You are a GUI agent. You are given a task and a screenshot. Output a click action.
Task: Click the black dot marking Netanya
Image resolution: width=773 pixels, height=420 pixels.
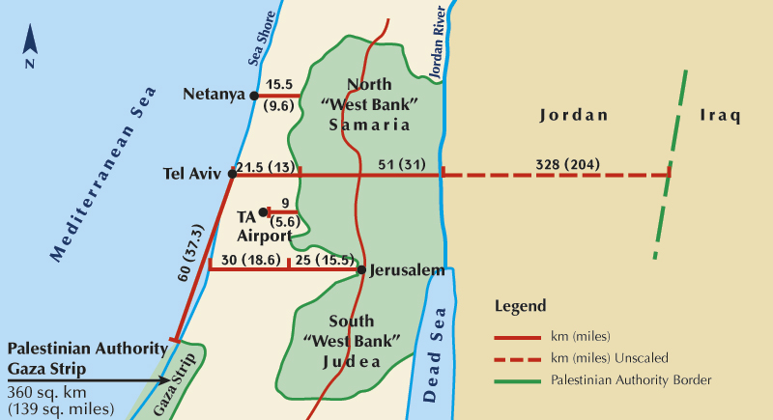[x=254, y=96]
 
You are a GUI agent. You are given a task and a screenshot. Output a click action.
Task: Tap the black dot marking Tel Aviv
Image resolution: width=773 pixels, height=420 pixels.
[x=232, y=174]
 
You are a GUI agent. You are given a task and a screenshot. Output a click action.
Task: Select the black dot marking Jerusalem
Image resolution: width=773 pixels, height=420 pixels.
[x=361, y=269]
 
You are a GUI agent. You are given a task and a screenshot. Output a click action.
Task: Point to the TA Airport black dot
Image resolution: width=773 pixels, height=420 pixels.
[x=263, y=211]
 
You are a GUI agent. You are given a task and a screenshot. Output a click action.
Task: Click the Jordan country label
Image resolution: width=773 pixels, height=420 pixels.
[x=573, y=116]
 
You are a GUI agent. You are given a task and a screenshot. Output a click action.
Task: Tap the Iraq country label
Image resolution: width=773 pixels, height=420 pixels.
[x=720, y=116]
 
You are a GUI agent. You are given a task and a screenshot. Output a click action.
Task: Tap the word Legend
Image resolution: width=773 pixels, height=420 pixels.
[x=521, y=306]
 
